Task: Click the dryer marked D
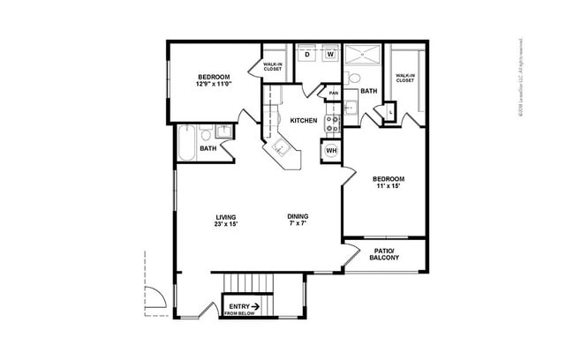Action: [307, 55]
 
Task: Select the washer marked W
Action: [329, 55]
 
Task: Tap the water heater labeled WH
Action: [331, 151]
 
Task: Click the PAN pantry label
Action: [334, 94]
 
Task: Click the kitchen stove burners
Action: [333, 124]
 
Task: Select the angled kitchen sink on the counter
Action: [281, 149]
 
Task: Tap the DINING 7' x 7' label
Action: [298, 221]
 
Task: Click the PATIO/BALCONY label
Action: [385, 254]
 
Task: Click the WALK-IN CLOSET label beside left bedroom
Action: [273, 66]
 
